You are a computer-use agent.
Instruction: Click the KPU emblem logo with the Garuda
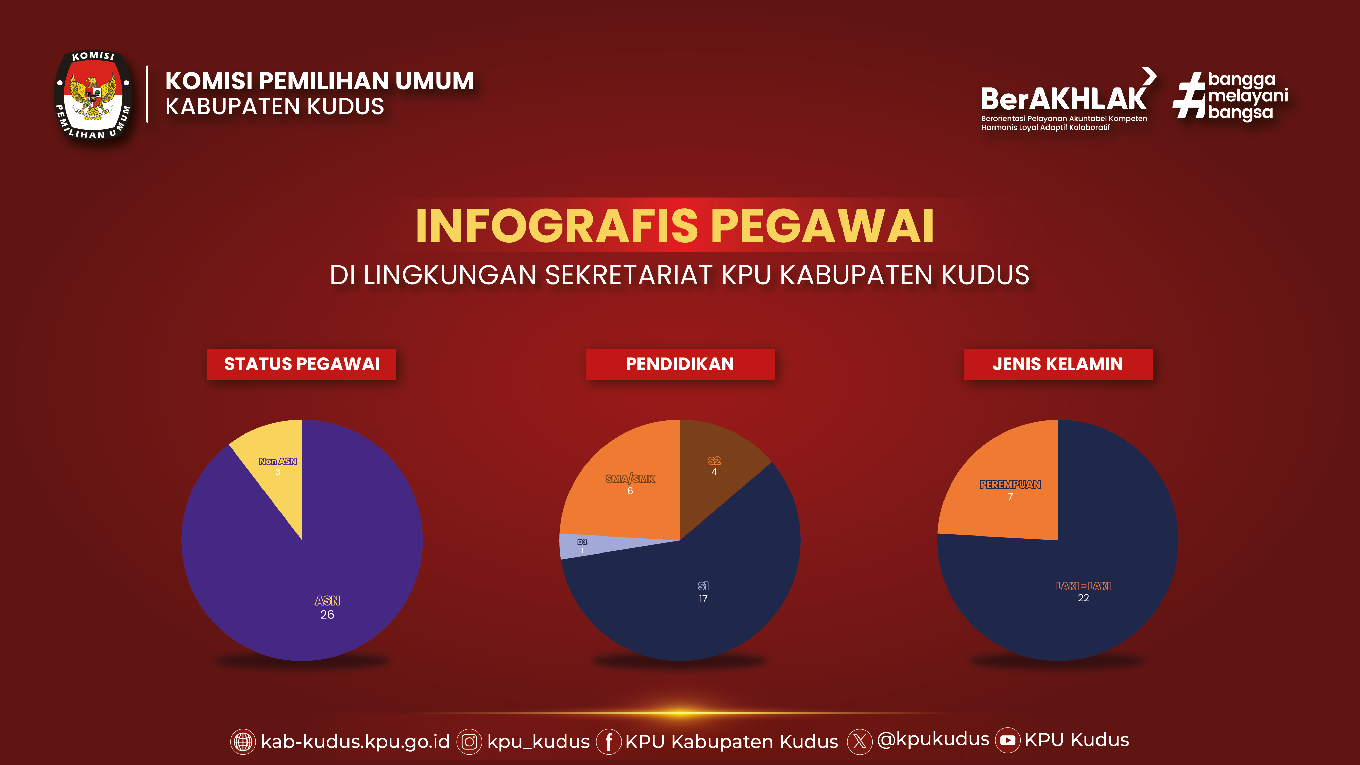pyautogui.click(x=93, y=96)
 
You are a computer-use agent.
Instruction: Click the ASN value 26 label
pyautogui.click(x=327, y=614)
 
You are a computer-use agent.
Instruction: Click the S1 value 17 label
pyautogui.click(x=703, y=599)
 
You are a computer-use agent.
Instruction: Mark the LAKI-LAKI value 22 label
pyautogui.click(x=1083, y=598)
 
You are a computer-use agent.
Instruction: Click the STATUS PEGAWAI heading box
pyautogui.click(x=302, y=364)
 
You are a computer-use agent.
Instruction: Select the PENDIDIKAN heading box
pyautogui.click(x=680, y=364)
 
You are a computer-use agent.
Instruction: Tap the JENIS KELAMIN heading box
pyautogui.click(x=1058, y=364)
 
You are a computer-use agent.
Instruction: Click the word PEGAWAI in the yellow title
pyautogui.click(x=822, y=226)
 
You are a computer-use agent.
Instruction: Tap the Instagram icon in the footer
pyautogui.click(x=469, y=742)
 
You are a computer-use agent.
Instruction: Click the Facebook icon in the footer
pyautogui.click(x=609, y=742)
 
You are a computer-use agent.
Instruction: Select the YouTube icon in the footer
pyautogui.click(x=1007, y=740)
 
